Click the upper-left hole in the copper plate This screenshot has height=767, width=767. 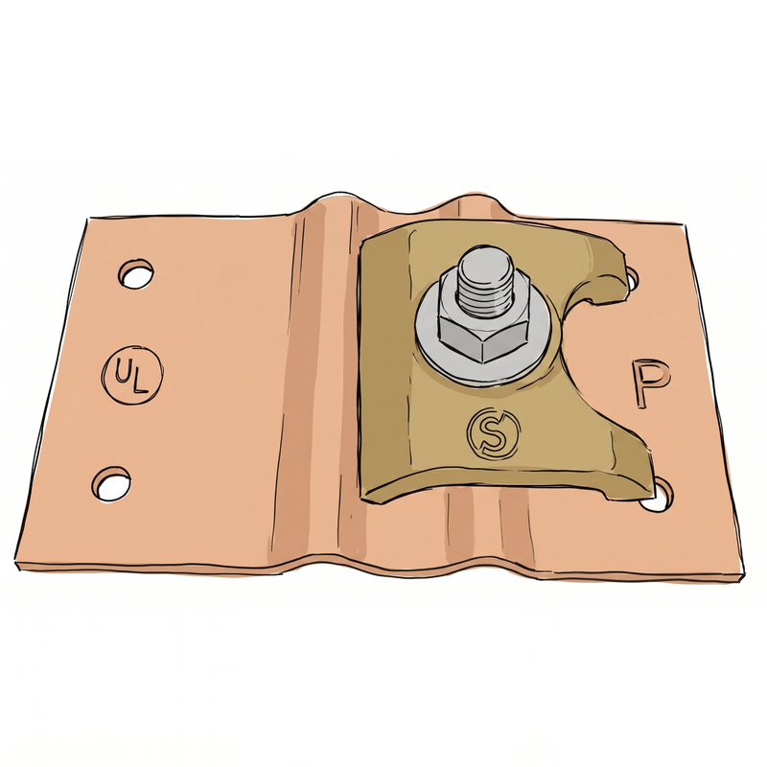135,274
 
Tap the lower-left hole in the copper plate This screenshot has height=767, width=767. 111,483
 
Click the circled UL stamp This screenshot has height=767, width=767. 132,374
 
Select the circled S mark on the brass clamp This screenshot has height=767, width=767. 493,435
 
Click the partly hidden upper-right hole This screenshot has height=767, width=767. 632,278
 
